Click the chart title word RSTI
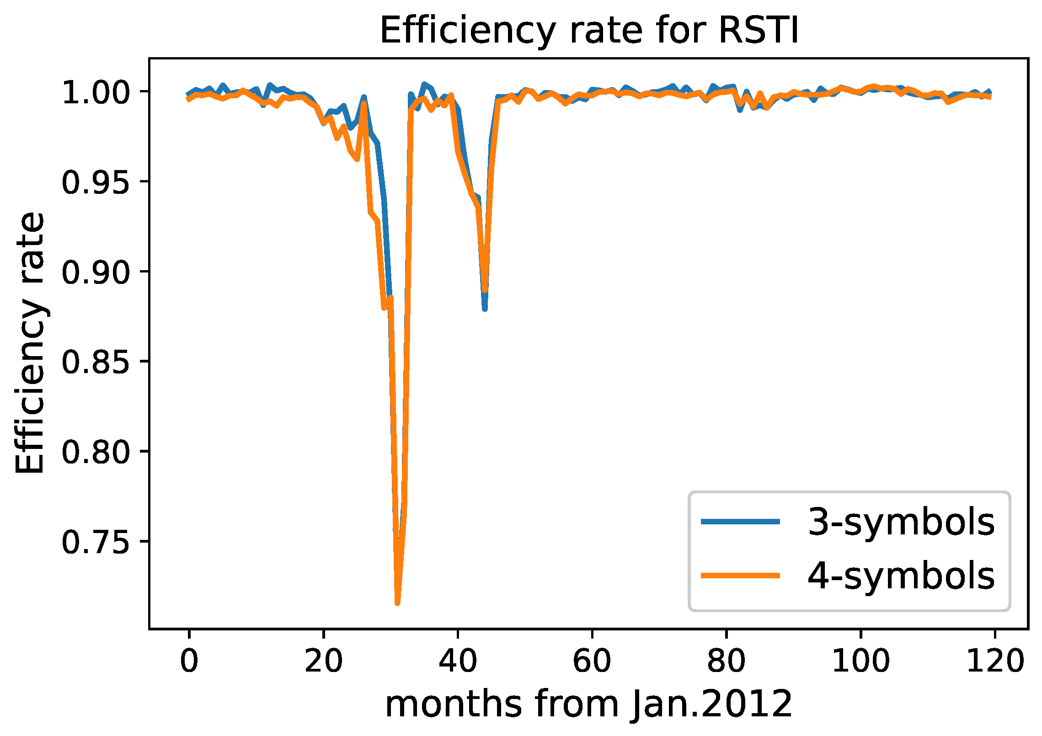click(x=759, y=31)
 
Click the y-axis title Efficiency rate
click(x=30, y=343)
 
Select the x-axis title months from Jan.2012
click(x=589, y=704)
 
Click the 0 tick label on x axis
click(x=189, y=661)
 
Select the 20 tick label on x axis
click(x=323, y=661)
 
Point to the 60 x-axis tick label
click(x=592, y=661)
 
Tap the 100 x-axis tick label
click(x=860, y=661)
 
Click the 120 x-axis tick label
click(x=995, y=661)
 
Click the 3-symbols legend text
click(x=901, y=522)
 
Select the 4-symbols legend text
click(x=901, y=576)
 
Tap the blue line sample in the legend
click(x=740, y=522)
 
